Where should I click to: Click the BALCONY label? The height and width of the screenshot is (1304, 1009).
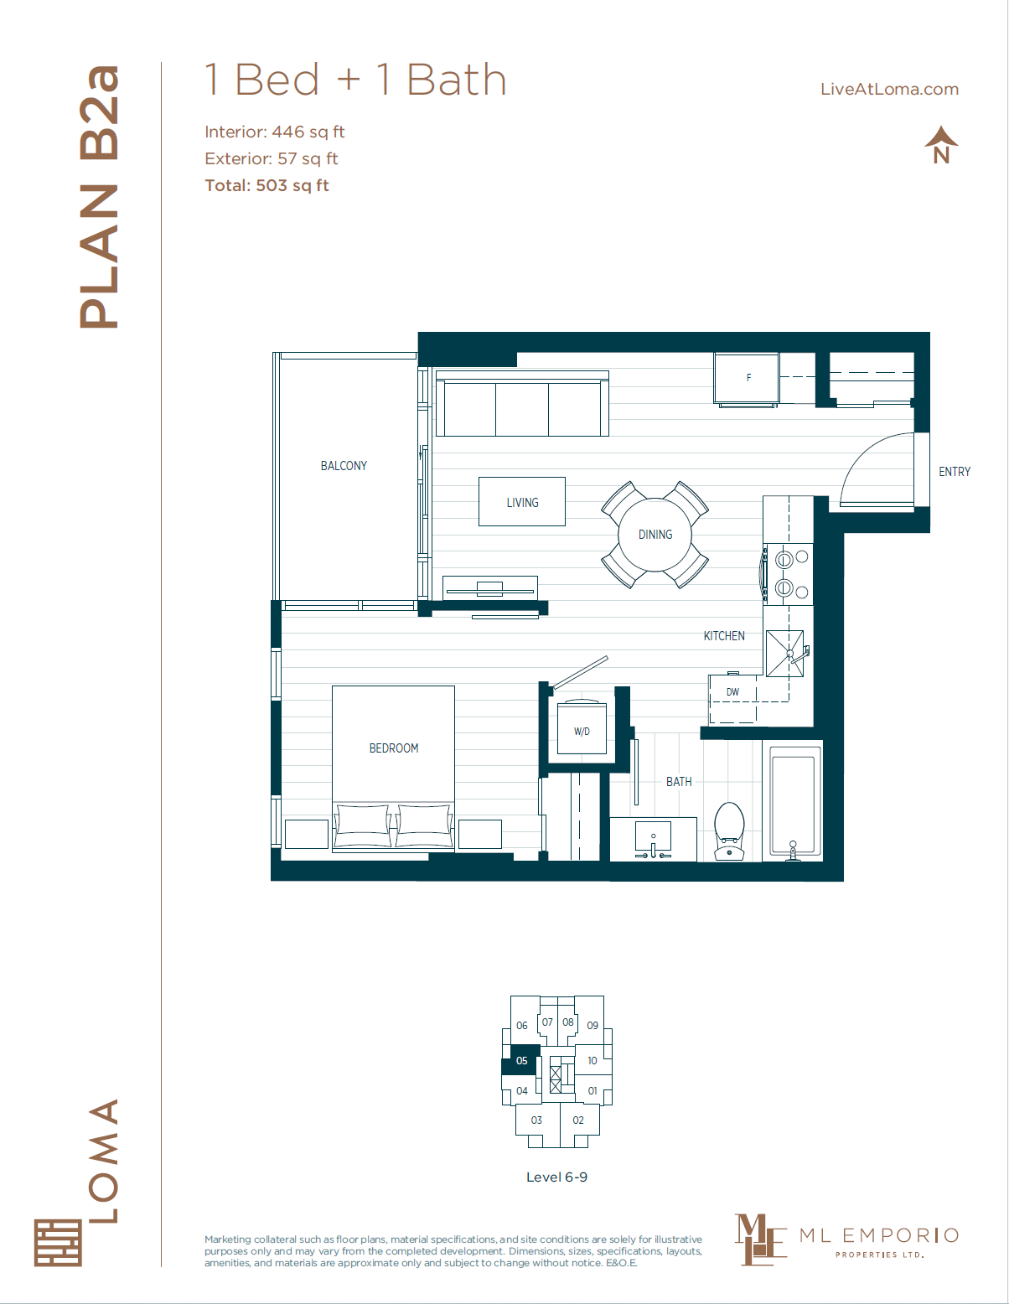click(344, 466)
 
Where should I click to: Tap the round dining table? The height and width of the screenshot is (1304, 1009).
click(655, 535)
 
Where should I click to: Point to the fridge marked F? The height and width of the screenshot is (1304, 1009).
click(748, 378)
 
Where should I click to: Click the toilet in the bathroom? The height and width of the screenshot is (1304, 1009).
click(729, 830)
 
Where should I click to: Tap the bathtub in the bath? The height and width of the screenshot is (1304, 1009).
click(792, 803)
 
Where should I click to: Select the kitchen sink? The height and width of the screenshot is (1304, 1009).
click(784, 653)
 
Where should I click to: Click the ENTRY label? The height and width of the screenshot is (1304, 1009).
click(955, 472)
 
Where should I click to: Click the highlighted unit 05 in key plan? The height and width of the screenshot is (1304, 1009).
click(521, 1061)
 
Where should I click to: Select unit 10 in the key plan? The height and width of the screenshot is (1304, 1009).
click(592, 1061)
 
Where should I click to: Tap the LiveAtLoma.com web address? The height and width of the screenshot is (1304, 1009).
click(889, 90)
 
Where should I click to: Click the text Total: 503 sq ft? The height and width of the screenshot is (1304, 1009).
click(266, 185)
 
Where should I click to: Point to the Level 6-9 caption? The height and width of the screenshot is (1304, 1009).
click(556, 1177)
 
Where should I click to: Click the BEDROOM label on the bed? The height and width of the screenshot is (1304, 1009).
click(394, 748)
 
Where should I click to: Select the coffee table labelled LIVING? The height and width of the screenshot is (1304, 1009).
click(522, 502)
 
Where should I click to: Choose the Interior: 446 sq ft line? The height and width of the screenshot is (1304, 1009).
click(274, 132)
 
